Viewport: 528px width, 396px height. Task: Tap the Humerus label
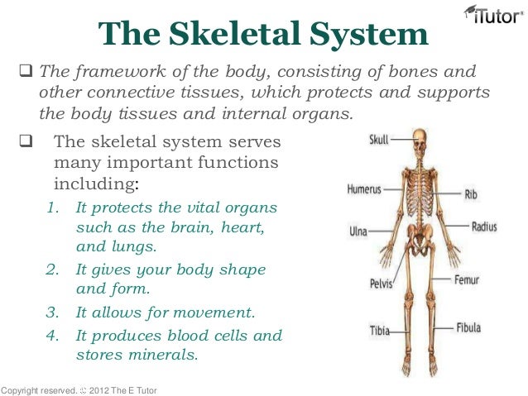coord(363,188)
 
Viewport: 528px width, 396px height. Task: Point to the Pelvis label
coord(381,284)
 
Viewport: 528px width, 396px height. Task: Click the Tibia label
coord(379,332)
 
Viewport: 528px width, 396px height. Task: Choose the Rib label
coord(471,194)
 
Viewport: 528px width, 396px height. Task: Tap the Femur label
coord(466,280)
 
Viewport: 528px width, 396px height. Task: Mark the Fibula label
coord(468,327)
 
